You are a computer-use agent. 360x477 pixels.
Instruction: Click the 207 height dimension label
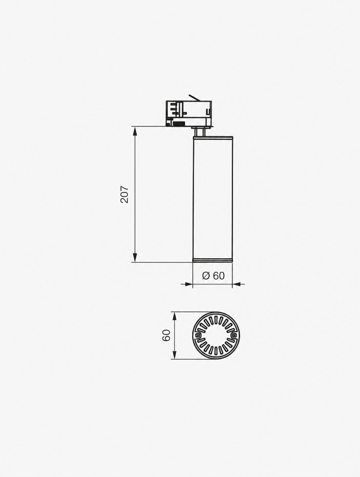[x=124, y=194]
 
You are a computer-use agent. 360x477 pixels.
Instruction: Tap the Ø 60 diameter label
[x=213, y=276]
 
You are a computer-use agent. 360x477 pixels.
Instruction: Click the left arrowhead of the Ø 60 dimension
[x=188, y=284]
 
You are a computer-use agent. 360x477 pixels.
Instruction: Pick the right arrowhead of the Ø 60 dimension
[x=237, y=284]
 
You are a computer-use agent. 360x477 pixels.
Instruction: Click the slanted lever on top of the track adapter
[x=194, y=98]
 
